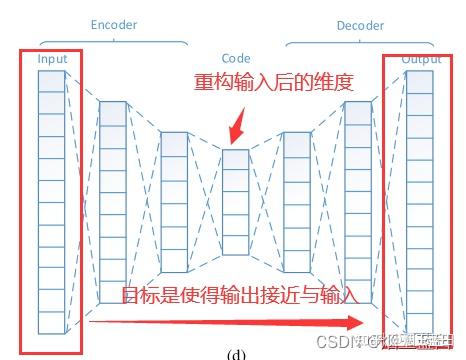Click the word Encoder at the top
coord(114,23)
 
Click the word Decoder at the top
coord(360,23)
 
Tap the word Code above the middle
coord(236,59)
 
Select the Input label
coord(52,60)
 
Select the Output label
coord(421,60)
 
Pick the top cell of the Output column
coord(421,80)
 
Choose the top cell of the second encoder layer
coord(113,112)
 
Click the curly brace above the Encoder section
coord(114,40)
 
